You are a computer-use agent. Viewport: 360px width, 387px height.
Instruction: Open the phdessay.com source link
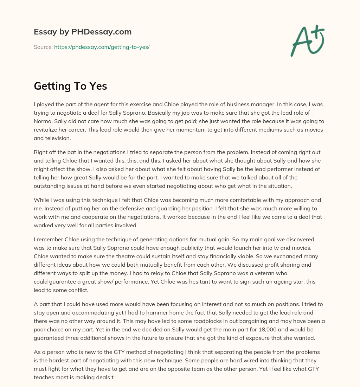(x=102, y=47)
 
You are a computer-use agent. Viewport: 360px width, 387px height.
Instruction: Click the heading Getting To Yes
(x=70, y=86)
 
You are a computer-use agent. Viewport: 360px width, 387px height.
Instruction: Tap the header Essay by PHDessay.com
(x=83, y=32)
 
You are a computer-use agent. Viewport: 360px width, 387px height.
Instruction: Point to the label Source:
(x=43, y=47)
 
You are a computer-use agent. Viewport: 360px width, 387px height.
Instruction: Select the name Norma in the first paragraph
(x=43, y=121)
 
